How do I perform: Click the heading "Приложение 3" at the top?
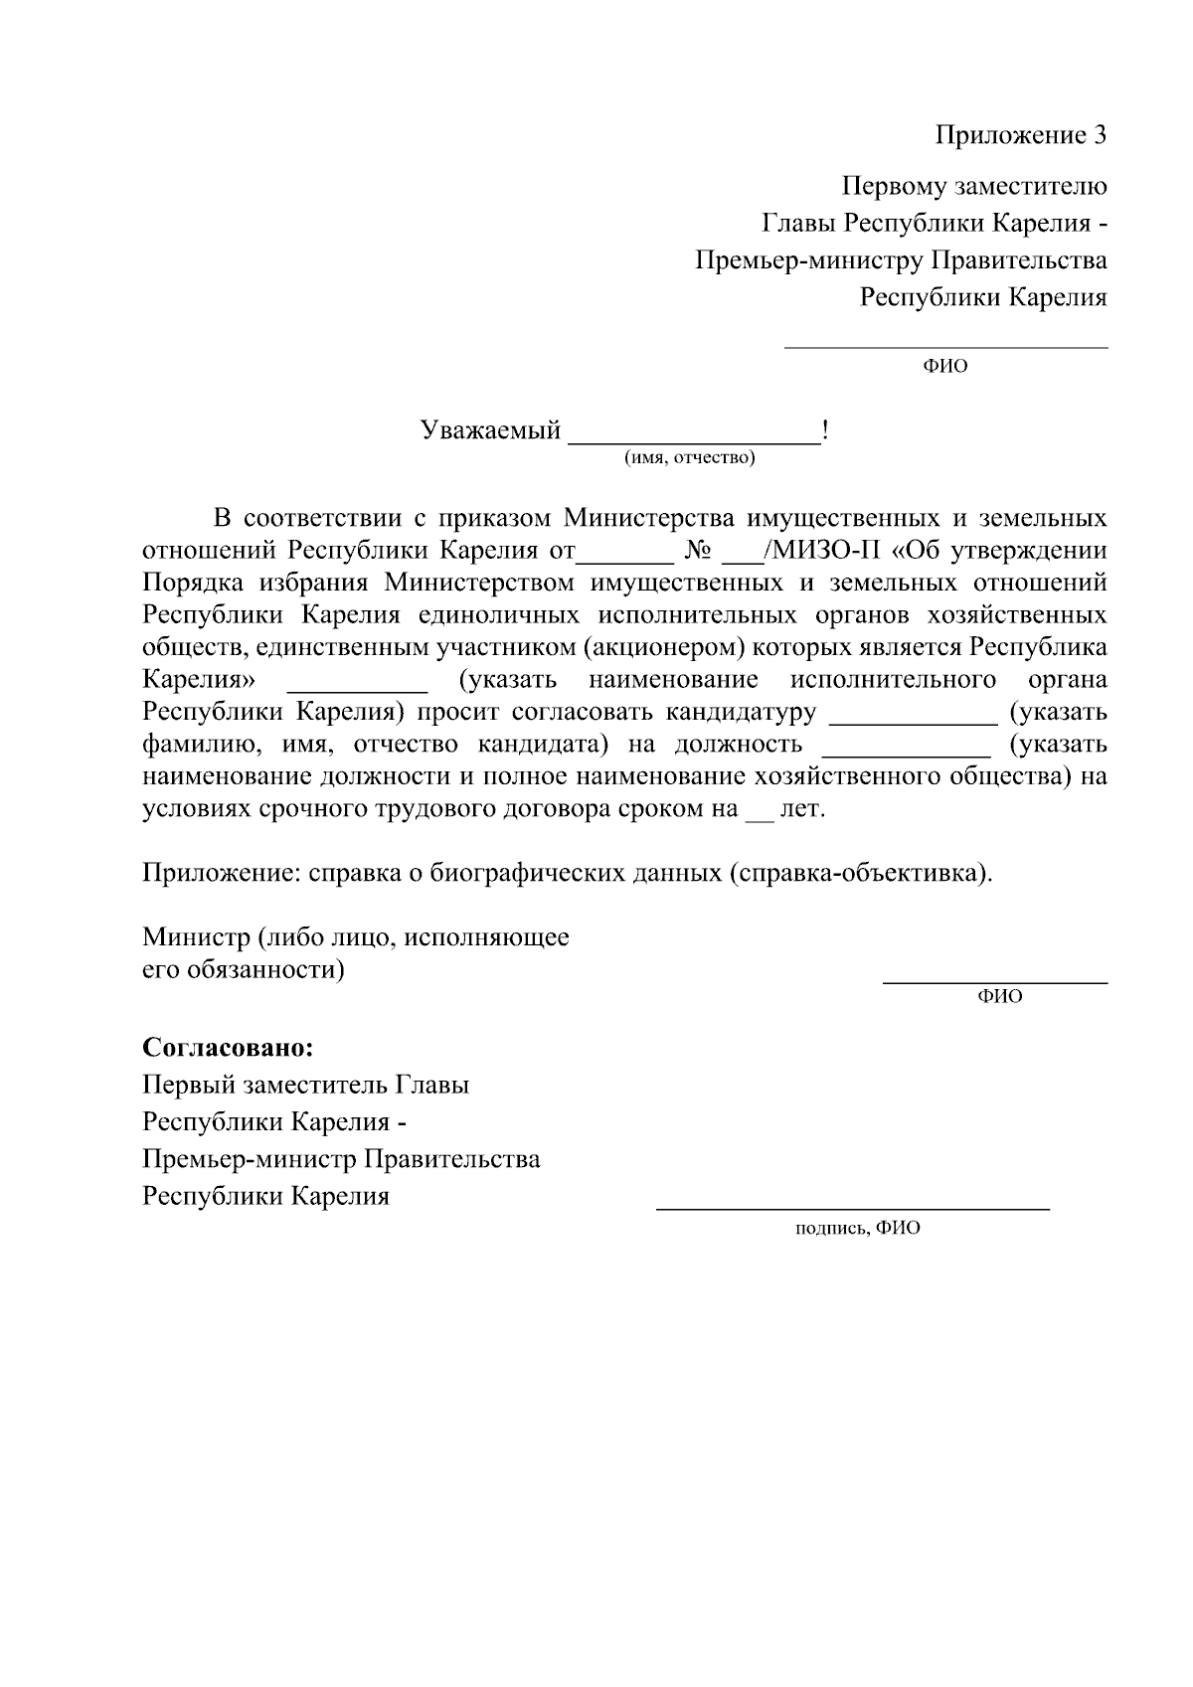1020,135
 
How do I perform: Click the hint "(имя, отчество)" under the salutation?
689,458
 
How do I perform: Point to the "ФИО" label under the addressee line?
945,366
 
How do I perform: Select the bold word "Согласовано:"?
228,1048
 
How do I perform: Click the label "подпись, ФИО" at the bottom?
857,1228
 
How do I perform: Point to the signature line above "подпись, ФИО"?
852,1208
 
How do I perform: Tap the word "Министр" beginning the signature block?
195,937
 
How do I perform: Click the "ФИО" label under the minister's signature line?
1000,996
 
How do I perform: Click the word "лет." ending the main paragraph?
803,809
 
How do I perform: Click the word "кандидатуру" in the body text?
741,713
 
